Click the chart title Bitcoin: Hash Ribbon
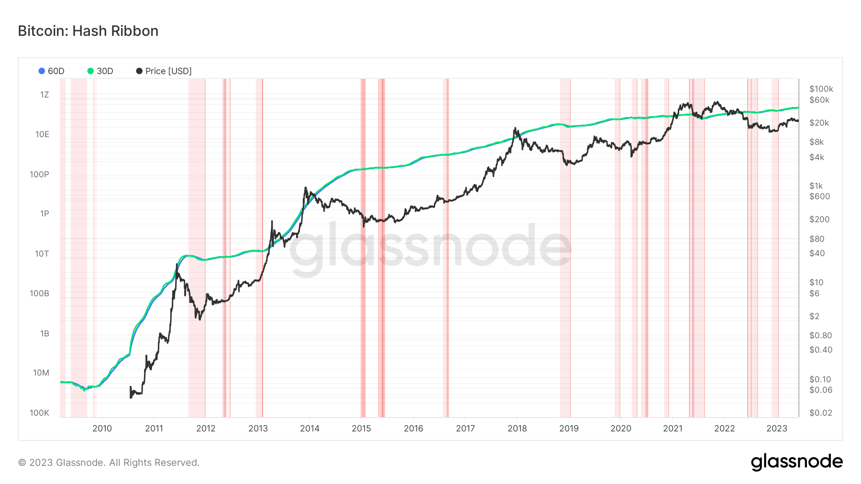click(x=88, y=31)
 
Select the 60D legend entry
click(x=51, y=71)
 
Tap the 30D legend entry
click(x=100, y=71)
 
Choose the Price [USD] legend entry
click(x=164, y=71)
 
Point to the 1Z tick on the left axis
click(x=44, y=95)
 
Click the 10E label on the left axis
click(x=42, y=134)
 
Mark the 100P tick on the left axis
click(x=39, y=174)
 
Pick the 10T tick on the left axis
click(x=42, y=254)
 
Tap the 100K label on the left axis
click(x=39, y=413)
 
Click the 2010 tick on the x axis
click(x=102, y=429)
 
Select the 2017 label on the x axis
click(x=465, y=429)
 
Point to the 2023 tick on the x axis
click(x=777, y=429)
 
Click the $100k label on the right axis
click(x=821, y=89)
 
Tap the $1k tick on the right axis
click(x=816, y=186)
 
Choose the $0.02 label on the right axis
click(x=821, y=413)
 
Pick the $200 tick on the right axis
click(x=819, y=219)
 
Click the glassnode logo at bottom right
click(x=797, y=462)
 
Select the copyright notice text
click(x=109, y=462)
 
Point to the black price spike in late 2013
click(x=305, y=188)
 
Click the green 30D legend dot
click(x=90, y=71)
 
